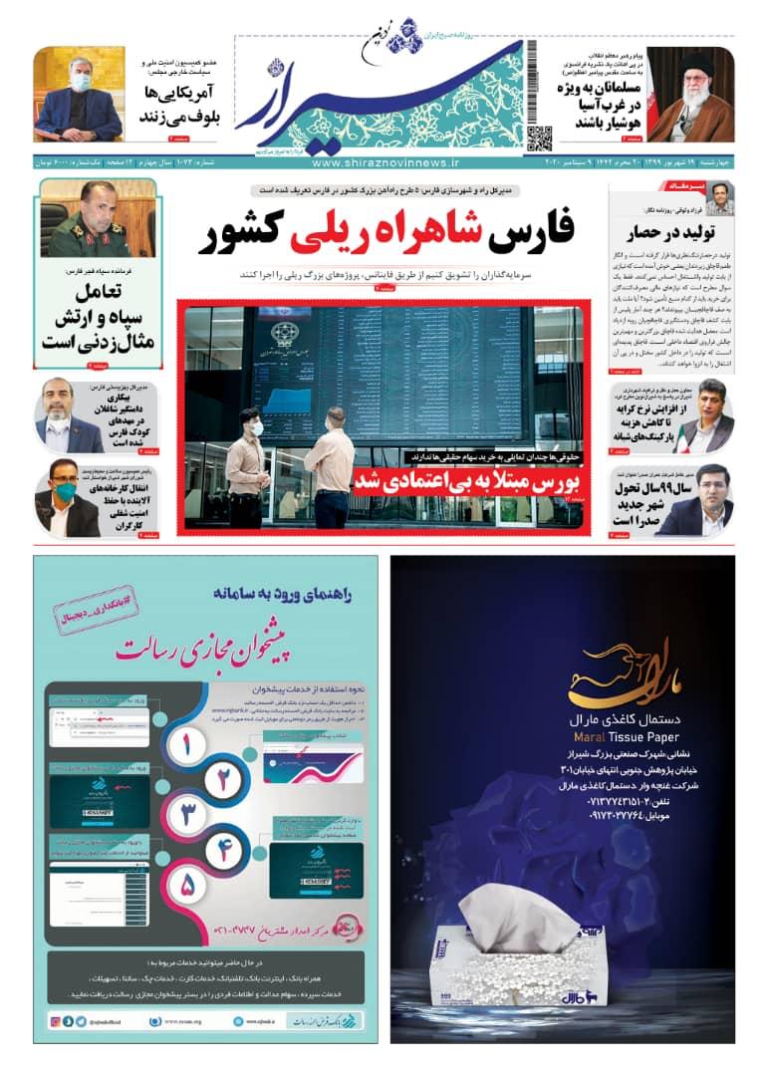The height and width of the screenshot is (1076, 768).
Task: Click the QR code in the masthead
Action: (539, 138)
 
